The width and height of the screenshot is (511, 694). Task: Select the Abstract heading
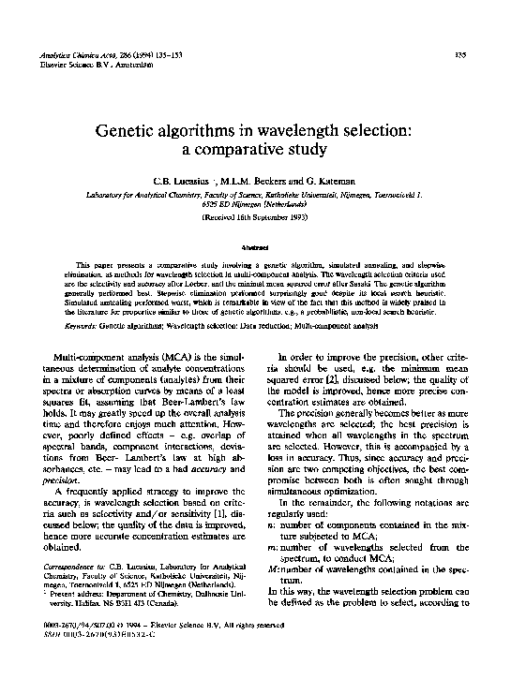255,247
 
